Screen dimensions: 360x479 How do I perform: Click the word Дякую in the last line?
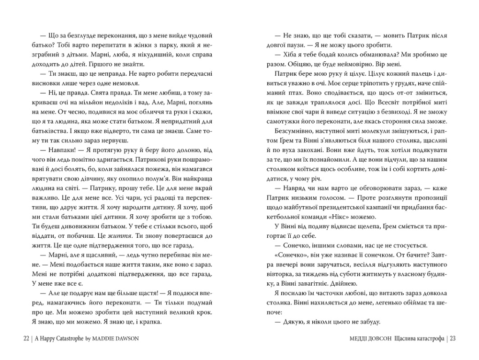pos(290,323)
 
